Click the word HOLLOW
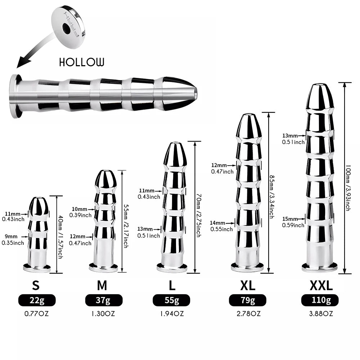click(82, 62)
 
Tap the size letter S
click(36, 285)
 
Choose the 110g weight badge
click(321, 300)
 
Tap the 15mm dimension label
click(290, 219)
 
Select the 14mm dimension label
click(219, 223)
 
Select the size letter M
click(102, 285)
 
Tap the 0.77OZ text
click(36, 314)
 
